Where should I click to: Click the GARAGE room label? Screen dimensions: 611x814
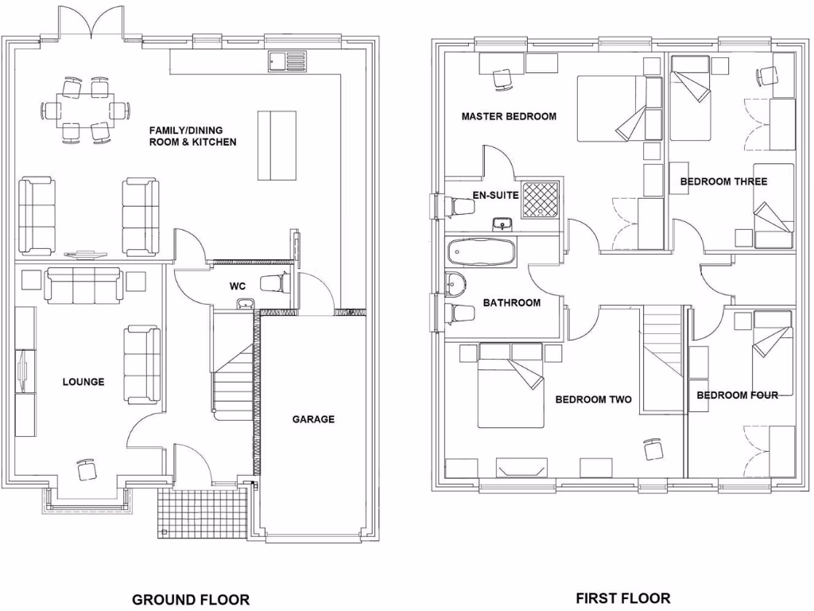click(313, 419)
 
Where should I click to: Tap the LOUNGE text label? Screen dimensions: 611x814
click(83, 382)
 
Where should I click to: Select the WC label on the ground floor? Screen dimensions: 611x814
click(237, 285)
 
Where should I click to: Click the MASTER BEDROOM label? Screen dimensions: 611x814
click(509, 116)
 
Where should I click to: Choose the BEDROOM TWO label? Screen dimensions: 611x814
click(593, 399)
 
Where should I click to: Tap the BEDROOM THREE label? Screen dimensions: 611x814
click(723, 182)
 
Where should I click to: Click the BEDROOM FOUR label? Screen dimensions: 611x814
click(737, 395)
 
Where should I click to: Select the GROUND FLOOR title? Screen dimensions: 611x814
click(191, 599)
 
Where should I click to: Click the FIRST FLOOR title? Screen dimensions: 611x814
click(622, 597)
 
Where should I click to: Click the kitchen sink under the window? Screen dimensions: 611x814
click(287, 60)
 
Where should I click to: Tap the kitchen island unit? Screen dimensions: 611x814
click(277, 146)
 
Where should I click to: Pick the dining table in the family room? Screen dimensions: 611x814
click(87, 110)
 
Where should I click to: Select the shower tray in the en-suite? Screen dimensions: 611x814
click(541, 199)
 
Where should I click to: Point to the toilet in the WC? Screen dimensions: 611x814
click(273, 282)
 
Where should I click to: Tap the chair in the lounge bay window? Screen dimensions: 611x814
click(86, 469)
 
